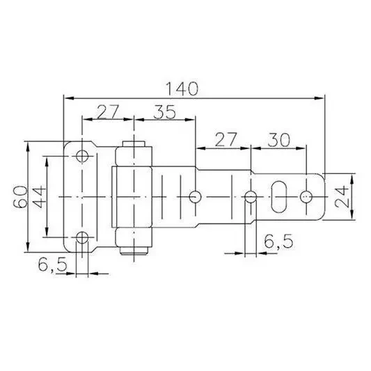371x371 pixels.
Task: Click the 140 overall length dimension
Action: tap(182, 88)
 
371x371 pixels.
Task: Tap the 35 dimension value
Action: tap(165, 111)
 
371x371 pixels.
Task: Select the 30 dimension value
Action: tap(278, 140)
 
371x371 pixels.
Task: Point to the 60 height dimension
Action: tap(20, 197)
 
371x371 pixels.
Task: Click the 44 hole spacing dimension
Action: tap(38, 197)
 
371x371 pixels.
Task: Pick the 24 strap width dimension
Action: tap(342, 197)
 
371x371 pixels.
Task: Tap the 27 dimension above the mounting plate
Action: tap(107, 111)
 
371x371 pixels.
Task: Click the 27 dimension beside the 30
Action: tap(226, 140)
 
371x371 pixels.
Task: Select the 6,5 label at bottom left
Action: tap(52, 265)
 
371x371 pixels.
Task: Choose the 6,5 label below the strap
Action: tap(278, 241)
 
